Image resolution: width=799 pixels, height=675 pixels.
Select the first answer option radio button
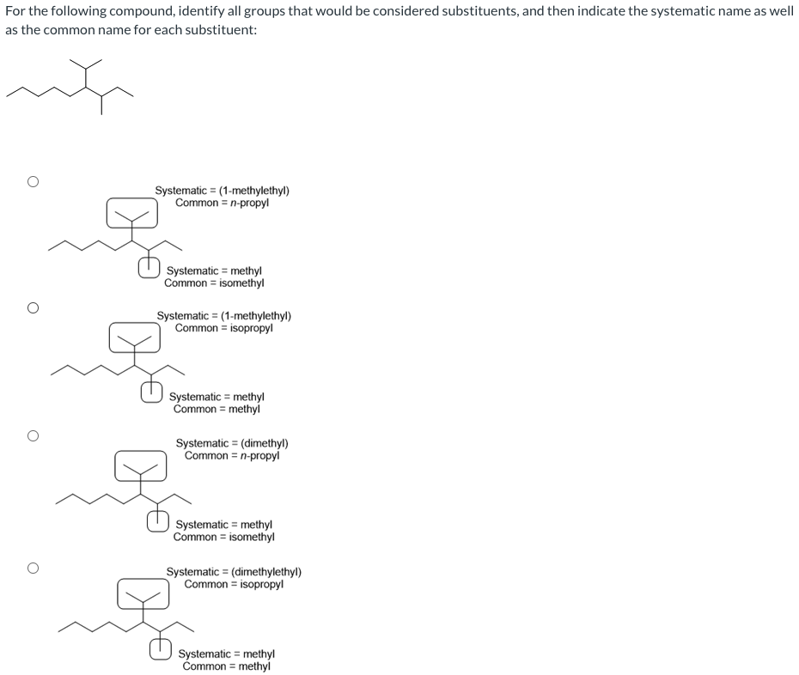tap(33, 181)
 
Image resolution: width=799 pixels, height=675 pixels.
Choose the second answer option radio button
tap(33, 307)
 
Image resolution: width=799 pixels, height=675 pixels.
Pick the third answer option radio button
tap(33, 436)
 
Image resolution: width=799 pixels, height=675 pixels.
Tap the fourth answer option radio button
tap(33, 568)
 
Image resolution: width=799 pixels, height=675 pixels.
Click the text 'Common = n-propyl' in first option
tap(222, 203)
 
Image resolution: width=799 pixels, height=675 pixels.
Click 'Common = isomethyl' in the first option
tap(214, 283)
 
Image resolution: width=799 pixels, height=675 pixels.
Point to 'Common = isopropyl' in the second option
tap(223, 327)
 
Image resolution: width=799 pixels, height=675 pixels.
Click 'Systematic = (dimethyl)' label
tap(232, 443)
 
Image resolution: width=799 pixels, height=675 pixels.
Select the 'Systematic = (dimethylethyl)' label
tap(234, 572)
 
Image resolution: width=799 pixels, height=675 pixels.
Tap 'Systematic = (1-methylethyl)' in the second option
tap(223, 315)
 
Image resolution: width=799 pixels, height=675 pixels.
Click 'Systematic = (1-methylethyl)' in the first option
tap(222, 191)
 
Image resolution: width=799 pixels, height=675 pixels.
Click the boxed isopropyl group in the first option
tap(132, 213)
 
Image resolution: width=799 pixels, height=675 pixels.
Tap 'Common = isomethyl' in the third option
tap(223, 537)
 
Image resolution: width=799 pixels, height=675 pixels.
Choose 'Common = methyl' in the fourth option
tap(226, 666)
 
